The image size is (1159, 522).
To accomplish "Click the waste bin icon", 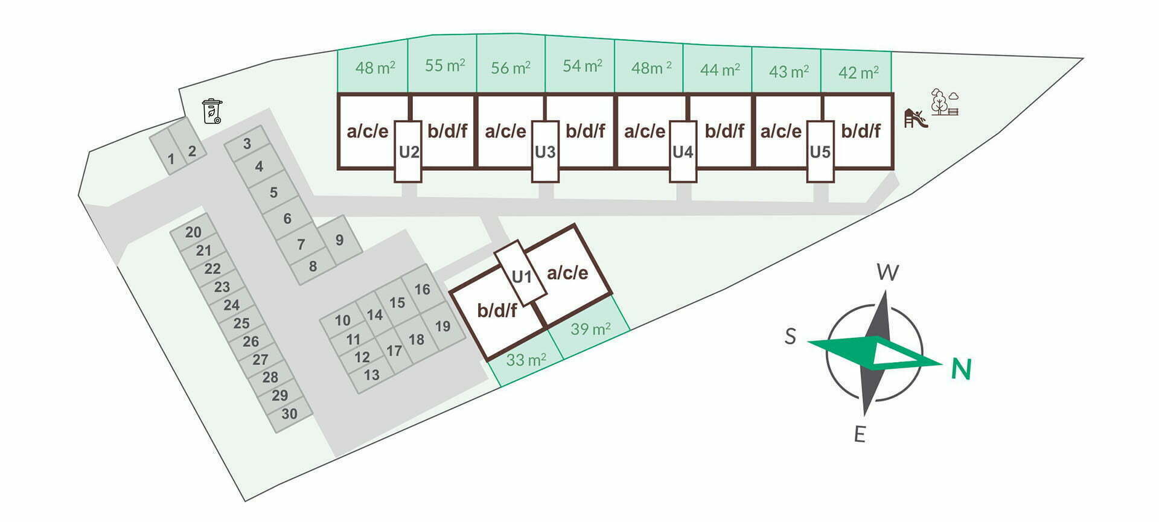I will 212,112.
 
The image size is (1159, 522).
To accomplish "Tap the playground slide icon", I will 915,118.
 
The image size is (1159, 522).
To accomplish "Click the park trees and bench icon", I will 944,102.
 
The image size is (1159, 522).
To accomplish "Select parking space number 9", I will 339,240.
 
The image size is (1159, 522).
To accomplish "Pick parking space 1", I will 171,159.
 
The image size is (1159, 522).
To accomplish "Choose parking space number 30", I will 289,414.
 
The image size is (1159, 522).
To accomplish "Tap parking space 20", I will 193,232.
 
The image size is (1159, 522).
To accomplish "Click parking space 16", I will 422,290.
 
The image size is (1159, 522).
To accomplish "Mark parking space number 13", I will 371,375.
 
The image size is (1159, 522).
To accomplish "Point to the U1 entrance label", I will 521,276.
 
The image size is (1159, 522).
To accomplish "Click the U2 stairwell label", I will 409,152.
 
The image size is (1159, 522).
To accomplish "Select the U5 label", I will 820,152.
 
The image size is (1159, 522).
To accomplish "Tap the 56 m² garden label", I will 511,68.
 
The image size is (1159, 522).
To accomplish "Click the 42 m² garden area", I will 858,72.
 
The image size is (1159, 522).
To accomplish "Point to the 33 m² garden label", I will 526,360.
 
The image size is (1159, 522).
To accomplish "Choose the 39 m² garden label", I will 590,329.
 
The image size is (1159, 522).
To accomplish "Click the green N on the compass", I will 960,369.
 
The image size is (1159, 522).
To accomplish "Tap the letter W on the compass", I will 887,273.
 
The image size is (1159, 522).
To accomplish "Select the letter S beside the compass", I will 790,336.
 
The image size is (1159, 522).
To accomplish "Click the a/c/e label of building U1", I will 567,273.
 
